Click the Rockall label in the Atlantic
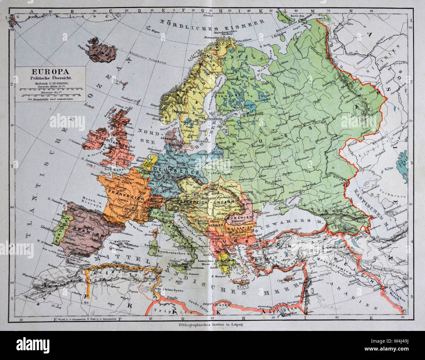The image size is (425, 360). coord(87,105)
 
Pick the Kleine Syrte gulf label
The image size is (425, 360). coord(170,290)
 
